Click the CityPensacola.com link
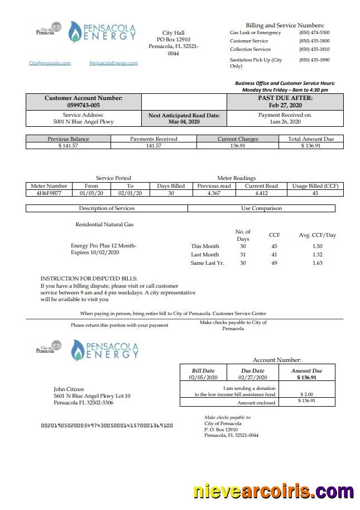(50, 63)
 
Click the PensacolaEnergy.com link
(113, 63)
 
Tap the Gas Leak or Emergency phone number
(314, 33)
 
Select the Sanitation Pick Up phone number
(314, 60)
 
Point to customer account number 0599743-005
(83, 105)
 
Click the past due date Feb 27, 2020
(285, 105)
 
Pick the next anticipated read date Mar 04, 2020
(184, 121)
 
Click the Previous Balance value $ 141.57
(68, 146)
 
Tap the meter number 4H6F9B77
(49, 193)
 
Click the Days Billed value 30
(171, 193)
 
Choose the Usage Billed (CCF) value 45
(315, 193)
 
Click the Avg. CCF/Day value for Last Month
(317, 254)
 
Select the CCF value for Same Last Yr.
(274, 263)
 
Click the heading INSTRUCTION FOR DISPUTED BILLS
(89, 278)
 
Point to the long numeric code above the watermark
(107, 426)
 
